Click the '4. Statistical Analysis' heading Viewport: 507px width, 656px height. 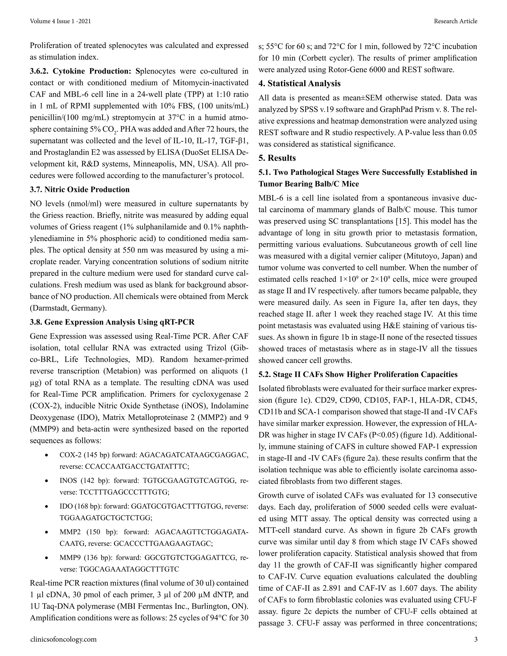300,83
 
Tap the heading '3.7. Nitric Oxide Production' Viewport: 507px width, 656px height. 80,190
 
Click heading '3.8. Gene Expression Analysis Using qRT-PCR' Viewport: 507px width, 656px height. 112,322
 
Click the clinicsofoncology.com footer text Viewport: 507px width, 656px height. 63,639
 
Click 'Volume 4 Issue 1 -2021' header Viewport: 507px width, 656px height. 60,21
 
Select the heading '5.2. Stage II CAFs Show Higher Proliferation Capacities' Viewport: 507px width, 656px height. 358,375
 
